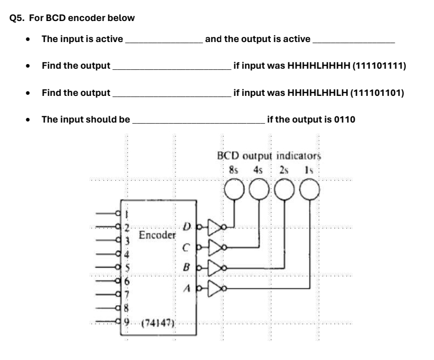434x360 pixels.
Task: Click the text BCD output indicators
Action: point(268,156)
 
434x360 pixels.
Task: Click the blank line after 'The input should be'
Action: point(199,122)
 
